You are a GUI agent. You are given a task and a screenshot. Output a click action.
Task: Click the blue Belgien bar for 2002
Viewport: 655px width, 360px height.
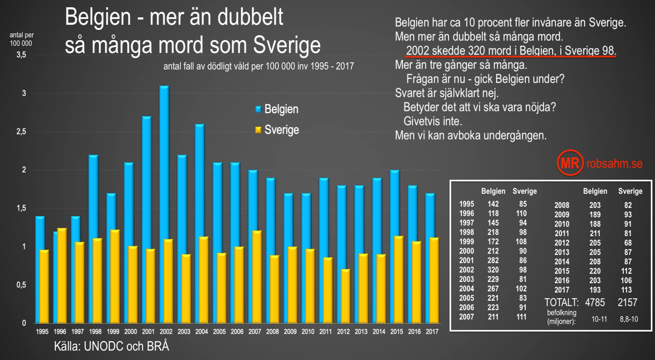pos(164,160)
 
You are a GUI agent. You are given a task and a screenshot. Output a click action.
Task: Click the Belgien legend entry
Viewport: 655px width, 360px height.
pos(277,109)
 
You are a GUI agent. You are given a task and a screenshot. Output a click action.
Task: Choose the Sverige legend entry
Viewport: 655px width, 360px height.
pos(277,130)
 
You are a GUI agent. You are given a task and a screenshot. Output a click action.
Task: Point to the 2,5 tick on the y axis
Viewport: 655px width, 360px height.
pos(21,132)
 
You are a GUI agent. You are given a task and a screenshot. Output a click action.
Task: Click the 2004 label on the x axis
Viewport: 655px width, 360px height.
pos(201,332)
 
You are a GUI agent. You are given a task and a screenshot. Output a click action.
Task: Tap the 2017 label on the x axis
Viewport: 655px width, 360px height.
pos(432,332)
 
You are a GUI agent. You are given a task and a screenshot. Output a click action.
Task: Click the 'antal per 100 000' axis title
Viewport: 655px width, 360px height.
pos(21,39)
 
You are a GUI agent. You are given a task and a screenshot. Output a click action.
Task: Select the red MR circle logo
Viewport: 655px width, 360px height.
pos(570,163)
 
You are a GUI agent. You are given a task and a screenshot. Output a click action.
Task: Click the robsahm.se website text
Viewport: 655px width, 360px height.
pos(614,164)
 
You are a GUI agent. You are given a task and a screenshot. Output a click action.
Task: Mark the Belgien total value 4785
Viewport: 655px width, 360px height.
pos(595,302)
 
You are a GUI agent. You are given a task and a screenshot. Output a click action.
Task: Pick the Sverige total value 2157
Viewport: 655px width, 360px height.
pos(627,302)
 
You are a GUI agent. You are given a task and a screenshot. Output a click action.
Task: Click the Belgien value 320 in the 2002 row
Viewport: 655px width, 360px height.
pos(493,270)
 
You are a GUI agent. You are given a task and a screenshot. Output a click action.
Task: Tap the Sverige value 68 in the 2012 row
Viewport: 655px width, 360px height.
pos(628,243)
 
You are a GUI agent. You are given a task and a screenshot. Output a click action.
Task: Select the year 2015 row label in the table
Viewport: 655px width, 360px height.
pos(562,271)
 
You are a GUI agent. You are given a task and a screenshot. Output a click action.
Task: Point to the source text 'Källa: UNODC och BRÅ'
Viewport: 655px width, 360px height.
pos(111,346)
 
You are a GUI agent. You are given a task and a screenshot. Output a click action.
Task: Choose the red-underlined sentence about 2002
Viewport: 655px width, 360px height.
pos(511,51)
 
